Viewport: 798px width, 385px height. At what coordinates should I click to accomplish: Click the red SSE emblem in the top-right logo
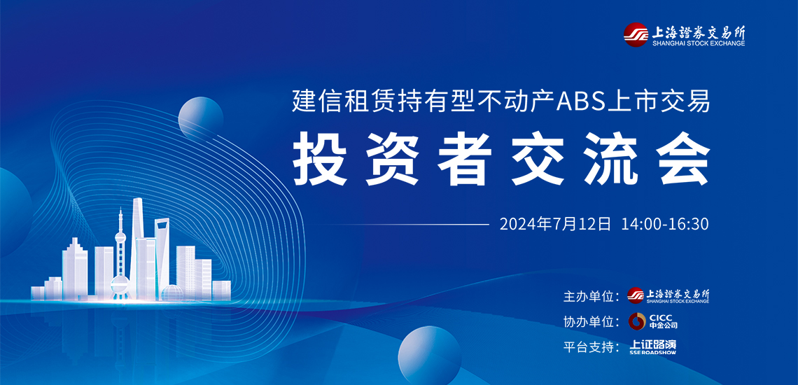click(x=636, y=35)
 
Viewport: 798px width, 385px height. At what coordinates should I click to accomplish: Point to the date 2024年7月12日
click(x=554, y=224)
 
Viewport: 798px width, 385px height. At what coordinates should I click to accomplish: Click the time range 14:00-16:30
click(x=665, y=224)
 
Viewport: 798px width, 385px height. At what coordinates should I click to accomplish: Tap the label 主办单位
click(x=591, y=296)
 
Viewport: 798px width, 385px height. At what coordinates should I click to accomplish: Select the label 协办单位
click(x=591, y=322)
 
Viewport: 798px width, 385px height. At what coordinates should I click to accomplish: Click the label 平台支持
click(x=591, y=348)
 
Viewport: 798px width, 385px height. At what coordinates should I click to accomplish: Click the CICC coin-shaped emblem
click(x=637, y=321)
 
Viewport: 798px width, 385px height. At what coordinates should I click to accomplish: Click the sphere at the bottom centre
click(x=429, y=352)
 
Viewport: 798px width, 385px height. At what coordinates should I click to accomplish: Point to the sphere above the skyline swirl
click(x=200, y=118)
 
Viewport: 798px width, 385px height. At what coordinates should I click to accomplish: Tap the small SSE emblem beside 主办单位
click(x=636, y=295)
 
